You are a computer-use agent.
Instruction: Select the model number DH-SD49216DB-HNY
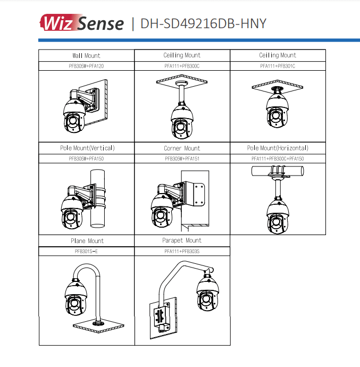tap(203, 24)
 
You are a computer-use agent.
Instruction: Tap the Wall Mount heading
tap(86, 55)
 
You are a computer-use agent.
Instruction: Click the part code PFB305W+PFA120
tap(86, 66)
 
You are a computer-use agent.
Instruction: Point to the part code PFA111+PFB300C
tap(182, 66)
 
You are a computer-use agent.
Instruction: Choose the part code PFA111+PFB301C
tap(278, 66)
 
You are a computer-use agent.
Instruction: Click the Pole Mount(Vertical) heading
tap(86, 148)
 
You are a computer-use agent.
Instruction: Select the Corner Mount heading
tap(182, 148)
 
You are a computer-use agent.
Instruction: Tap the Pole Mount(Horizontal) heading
tap(278, 148)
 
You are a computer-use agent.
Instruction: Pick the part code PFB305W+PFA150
tap(86, 159)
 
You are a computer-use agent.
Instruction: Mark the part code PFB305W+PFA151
tap(182, 159)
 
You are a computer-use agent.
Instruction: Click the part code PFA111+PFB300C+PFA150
tap(278, 159)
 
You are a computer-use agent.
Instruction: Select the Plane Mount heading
tap(86, 241)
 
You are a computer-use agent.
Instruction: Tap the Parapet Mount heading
tap(182, 241)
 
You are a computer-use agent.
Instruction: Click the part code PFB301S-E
tap(86, 251)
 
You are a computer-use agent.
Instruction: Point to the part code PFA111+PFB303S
tap(182, 251)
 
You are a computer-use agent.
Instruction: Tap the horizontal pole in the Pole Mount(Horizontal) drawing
tap(278, 171)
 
